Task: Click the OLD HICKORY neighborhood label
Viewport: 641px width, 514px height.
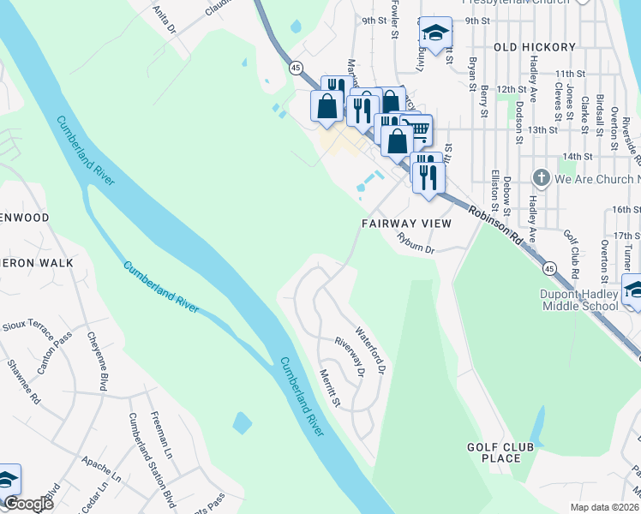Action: point(530,46)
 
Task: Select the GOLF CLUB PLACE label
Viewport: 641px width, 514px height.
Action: point(500,452)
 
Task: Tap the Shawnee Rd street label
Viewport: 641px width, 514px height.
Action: point(25,381)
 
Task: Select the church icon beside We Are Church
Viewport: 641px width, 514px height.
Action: point(541,178)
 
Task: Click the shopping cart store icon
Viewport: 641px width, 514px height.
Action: point(417,130)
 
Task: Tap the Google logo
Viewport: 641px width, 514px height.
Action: point(27,504)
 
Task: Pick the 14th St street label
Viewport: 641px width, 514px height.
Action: point(578,157)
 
